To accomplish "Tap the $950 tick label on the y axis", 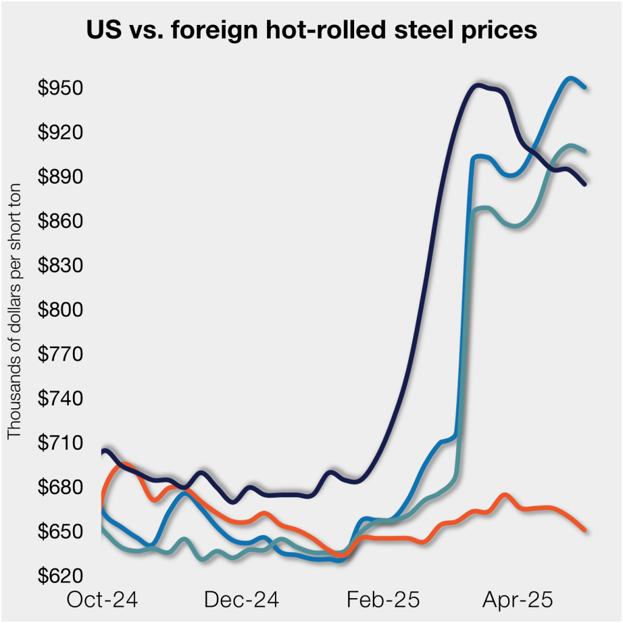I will (61, 88).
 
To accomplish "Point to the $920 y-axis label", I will (61, 133).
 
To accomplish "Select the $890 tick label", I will (61, 177).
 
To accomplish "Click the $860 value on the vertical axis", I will (61, 221).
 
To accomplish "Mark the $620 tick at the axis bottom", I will (61, 576).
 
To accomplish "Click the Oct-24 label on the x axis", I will (102, 600).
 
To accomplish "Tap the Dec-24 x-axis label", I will (242, 600).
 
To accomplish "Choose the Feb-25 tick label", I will (383, 600).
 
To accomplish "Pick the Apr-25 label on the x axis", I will (518, 600).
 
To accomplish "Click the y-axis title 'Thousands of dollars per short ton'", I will (14, 310).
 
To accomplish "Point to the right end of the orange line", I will (585, 530).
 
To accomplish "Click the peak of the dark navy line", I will (479, 85).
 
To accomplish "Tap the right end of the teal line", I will (585, 151).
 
